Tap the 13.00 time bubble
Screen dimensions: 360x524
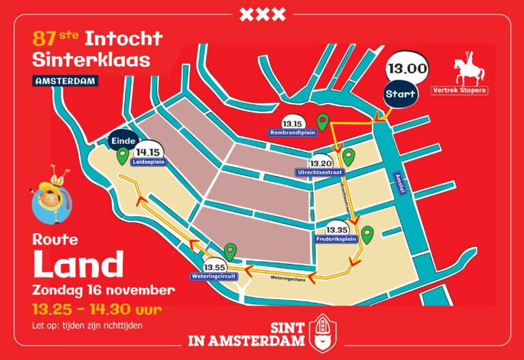[x=407, y=69]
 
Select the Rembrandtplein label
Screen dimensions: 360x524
[x=292, y=132]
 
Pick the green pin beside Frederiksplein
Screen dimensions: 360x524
[x=368, y=235]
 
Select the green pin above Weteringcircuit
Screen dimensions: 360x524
[x=231, y=252]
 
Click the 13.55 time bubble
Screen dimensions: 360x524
[x=214, y=266]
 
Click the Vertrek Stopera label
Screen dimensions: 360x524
[x=460, y=90]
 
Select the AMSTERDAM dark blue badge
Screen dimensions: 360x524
[x=65, y=80]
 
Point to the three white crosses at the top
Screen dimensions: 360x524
[x=262, y=14]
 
